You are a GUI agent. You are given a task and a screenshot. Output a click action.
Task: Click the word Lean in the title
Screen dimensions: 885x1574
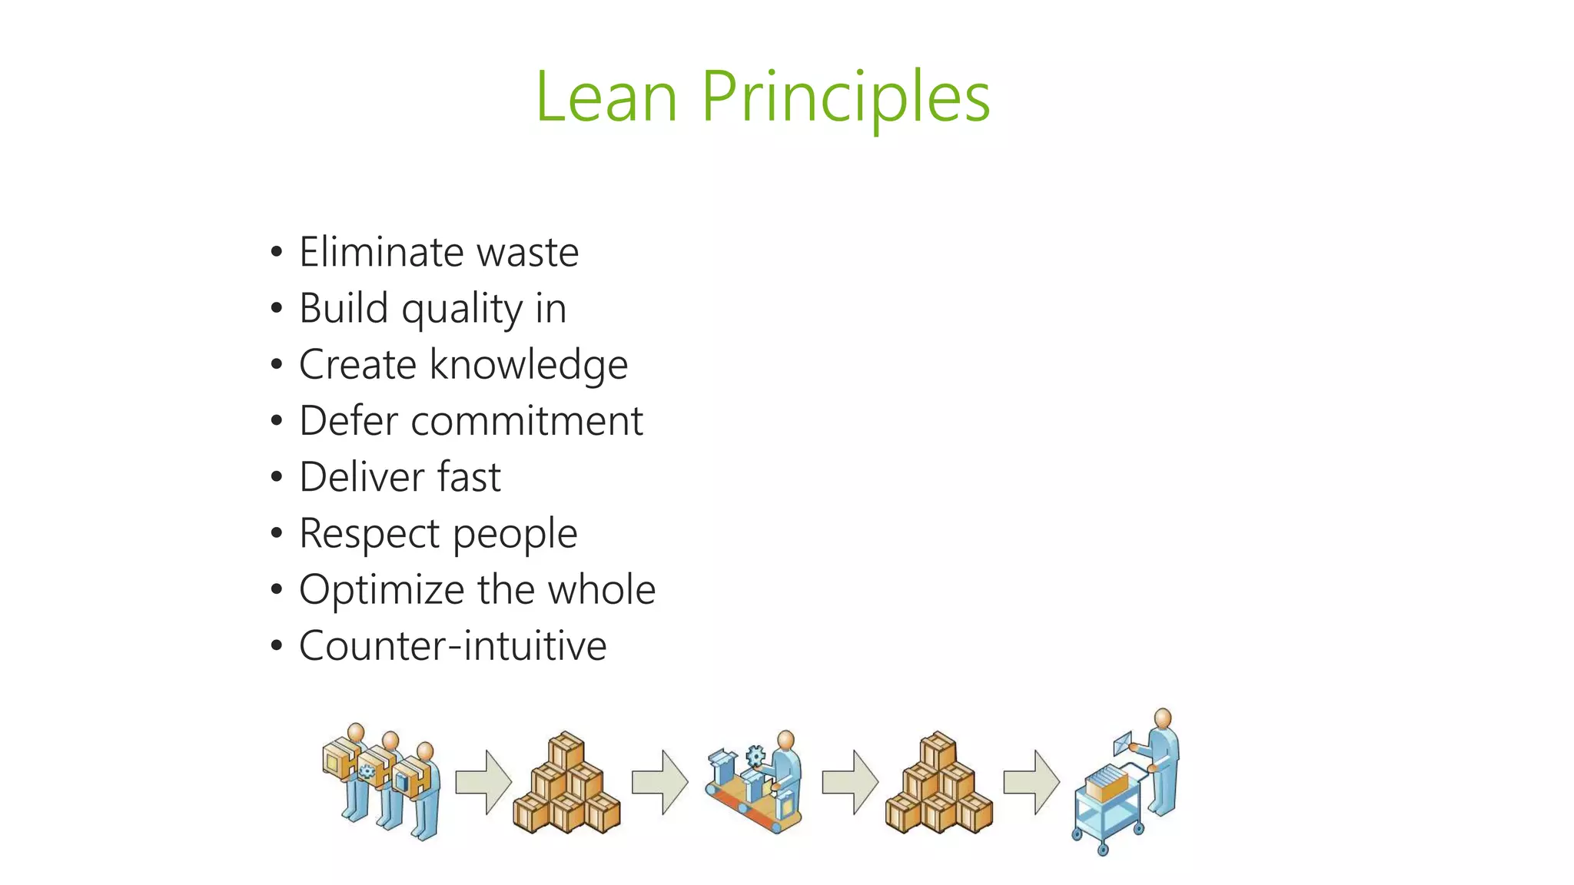606,97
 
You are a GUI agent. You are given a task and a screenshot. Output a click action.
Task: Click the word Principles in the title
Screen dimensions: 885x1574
845,98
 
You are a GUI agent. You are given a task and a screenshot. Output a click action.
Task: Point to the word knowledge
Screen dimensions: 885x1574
529,365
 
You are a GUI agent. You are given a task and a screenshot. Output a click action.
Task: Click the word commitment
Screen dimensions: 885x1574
527,421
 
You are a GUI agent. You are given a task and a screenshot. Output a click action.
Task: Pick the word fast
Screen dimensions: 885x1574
469,477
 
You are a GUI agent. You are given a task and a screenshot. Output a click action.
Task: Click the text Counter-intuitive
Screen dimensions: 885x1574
453,646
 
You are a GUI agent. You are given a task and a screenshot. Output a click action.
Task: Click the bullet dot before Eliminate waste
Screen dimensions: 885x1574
277,252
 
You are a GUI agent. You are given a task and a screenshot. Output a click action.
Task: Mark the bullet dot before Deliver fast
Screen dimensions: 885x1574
277,477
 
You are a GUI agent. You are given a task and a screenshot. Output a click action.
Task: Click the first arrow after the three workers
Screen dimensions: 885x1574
483,782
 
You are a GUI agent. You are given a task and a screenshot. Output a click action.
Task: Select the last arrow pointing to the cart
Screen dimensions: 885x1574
1031,782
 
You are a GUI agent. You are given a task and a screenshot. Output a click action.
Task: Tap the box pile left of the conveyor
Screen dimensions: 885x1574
566,784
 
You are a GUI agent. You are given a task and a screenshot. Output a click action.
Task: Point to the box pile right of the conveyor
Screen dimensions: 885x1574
938,784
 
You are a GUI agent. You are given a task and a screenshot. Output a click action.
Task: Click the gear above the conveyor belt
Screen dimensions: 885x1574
755,756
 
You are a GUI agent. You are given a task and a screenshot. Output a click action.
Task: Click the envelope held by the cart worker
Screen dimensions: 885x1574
1124,742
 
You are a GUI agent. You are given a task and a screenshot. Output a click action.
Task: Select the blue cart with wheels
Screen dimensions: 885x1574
1107,814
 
